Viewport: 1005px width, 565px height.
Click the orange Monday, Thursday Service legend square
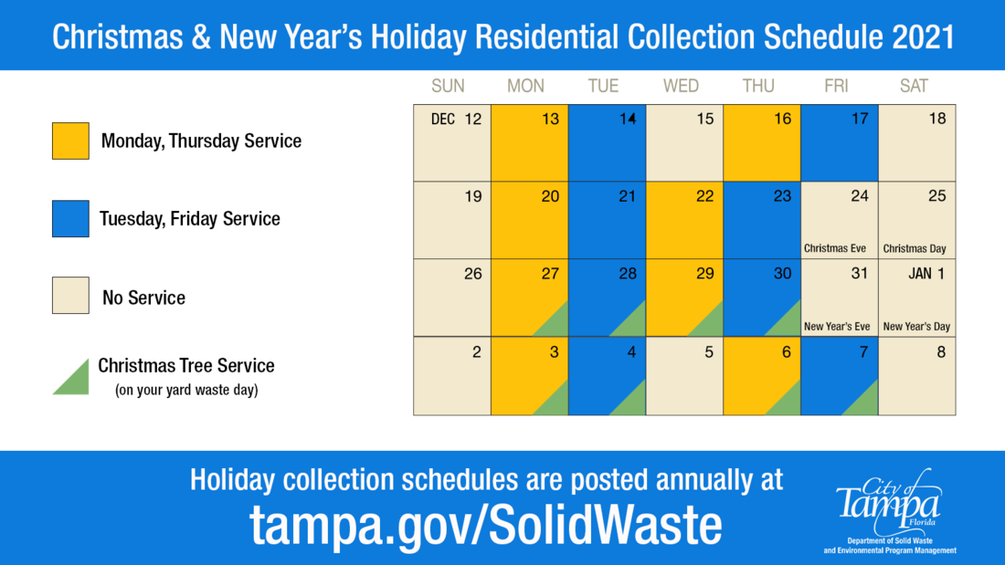pyautogui.click(x=70, y=141)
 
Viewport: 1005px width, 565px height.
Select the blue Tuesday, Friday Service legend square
pyautogui.click(x=70, y=219)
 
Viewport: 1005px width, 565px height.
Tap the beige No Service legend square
pyautogui.click(x=70, y=296)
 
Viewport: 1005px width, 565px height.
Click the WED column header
pyautogui.click(x=681, y=86)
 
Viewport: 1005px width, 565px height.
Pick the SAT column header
pyautogui.click(x=914, y=86)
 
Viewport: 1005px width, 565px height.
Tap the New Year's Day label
pyautogui.click(x=916, y=326)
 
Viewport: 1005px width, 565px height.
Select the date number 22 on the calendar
pyautogui.click(x=704, y=196)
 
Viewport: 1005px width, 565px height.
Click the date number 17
pyautogui.click(x=860, y=119)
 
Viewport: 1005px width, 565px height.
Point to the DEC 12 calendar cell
pyautogui.click(x=452, y=143)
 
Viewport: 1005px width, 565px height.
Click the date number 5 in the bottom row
pyautogui.click(x=709, y=351)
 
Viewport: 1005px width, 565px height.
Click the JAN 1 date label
pyautogui.click(x=926, y=274)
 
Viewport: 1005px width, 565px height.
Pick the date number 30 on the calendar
pyautogui.click(x=782, y=274)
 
